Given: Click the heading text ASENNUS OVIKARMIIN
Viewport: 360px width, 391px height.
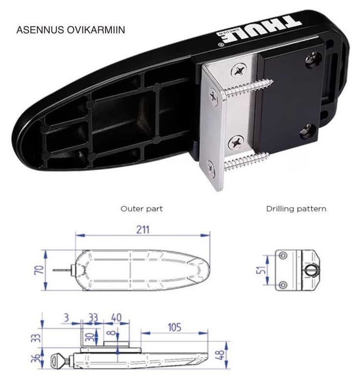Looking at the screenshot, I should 70,29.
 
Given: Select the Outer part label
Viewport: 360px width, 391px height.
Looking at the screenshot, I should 141,209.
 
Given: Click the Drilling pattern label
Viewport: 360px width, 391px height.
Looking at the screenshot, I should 296,209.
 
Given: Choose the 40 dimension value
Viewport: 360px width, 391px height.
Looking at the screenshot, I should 116,318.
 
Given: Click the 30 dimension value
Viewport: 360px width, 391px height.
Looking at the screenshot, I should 89,337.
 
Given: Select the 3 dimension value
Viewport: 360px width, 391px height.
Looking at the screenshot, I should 66,318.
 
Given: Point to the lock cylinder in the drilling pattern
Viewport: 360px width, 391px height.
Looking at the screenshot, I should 312,270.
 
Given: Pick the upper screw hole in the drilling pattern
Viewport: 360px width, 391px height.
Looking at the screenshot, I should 282,256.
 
